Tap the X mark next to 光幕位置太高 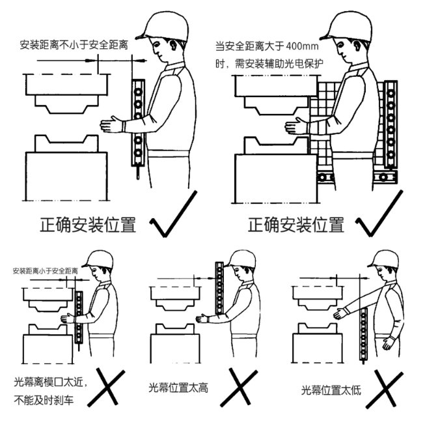click(239, 388)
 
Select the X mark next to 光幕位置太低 click(384, 389)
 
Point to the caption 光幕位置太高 click(178, 388)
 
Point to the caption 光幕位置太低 click(331, 390)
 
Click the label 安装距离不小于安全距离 click(74, 45)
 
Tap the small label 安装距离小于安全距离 click(46, 271)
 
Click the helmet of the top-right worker click(346, 26)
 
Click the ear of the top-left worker click(173, 45)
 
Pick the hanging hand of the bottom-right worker click(389, 343)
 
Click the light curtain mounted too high click(219, 289)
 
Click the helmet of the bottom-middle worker click(242, 259)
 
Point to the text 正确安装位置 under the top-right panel click(296, 225)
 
